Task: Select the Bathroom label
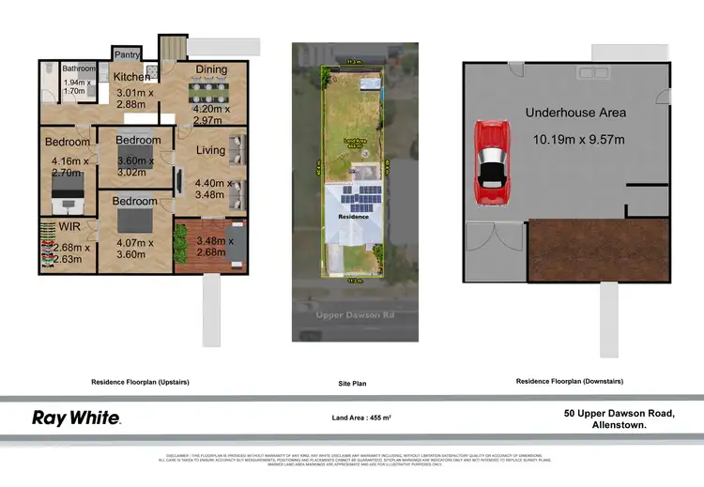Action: pos(80,68)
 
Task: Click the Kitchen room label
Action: pos(132,77)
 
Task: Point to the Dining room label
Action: pos(210,68)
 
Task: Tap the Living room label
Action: pos(210,150)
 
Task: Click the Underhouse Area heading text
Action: pos(575,113)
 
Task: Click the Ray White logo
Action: pos(77,418)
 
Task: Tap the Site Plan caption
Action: pos(352,384)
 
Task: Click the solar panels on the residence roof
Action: pos(361,198)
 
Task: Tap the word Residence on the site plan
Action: pos(353,216)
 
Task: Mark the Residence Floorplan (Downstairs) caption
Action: pos(570,382)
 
